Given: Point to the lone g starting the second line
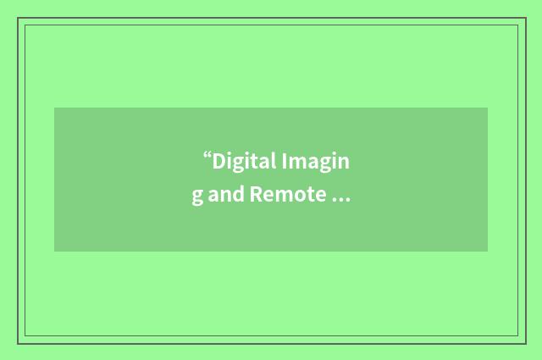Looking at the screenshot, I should point(196,197).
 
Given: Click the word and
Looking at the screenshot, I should point(225,195).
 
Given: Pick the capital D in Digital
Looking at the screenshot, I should point(218,161).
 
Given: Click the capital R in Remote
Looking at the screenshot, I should point(254,195).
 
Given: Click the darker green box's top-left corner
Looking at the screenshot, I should point(54,108).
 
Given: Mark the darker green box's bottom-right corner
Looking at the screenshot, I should point(488,252).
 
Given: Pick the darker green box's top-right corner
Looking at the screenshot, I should point(488,108).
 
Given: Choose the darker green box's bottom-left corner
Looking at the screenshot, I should point(54,252).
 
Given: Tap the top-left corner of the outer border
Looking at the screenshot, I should point(18,18).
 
